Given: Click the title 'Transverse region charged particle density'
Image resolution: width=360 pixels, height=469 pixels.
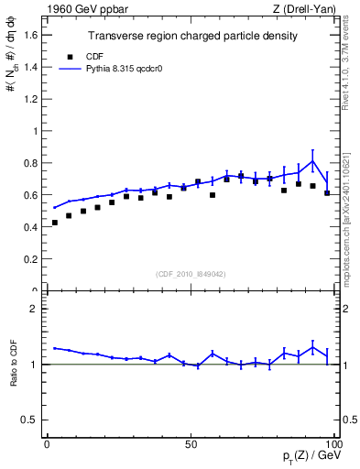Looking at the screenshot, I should click(x=192, y=37).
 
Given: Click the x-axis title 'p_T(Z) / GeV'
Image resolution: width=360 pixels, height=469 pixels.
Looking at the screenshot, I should click(x=311, y=456).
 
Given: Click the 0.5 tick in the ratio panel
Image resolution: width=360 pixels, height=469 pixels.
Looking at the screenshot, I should click(x=32, y=420).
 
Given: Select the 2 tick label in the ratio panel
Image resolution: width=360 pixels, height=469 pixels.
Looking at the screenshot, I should click(x=37, y=310).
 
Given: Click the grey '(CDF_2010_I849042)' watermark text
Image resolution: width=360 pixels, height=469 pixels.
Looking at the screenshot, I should click(x=192, y=273).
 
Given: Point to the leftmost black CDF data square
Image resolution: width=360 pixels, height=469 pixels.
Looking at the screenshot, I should click(x=55, y=223).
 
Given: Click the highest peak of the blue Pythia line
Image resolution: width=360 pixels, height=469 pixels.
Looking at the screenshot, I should click(x=313, y=161).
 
